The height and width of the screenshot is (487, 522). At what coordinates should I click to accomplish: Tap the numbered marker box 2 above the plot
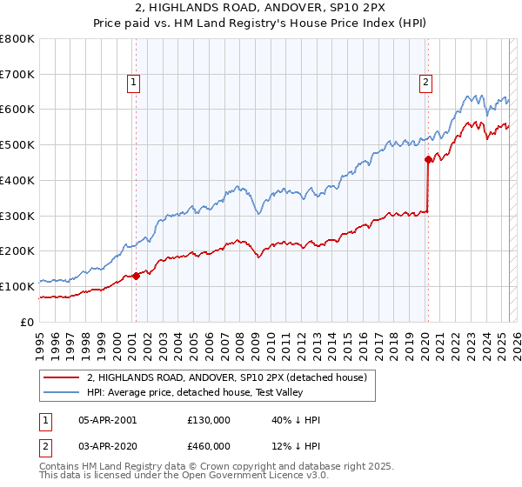click(x=426, y=83)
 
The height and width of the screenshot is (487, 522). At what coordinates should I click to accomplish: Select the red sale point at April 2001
click(x=136, y=277)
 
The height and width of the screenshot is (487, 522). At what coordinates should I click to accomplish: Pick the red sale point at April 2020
click(x=428, y=159)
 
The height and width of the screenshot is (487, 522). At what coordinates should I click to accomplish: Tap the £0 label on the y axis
click(x=28, y=322)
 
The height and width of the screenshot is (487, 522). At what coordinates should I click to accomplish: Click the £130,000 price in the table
click(x=208, y=420)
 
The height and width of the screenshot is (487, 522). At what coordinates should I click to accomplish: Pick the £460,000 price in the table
click(x=208, y=445)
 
